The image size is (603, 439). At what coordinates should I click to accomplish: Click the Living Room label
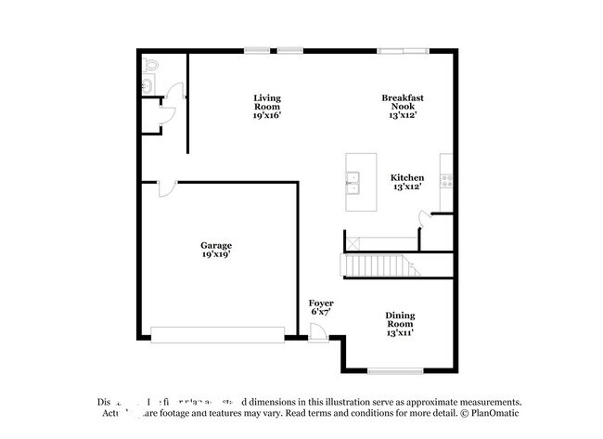point(267,103)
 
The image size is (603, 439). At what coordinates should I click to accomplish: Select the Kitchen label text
point(407,177)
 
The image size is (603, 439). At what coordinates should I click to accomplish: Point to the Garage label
point(216,245)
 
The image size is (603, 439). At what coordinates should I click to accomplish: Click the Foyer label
point(321,303)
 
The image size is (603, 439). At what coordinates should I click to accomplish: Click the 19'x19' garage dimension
point(216,253)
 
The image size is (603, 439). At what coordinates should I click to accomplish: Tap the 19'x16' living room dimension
point(267,115)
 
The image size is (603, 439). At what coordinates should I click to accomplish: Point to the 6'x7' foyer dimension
point(321,312)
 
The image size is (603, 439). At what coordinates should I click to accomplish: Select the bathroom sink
point(148,86)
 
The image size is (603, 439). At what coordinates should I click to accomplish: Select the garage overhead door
point(217,334)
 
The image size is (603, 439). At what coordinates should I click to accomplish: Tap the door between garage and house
point(163,188)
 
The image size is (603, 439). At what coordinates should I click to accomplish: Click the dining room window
point(392,371)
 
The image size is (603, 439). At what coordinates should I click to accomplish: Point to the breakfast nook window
point(403,49)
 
